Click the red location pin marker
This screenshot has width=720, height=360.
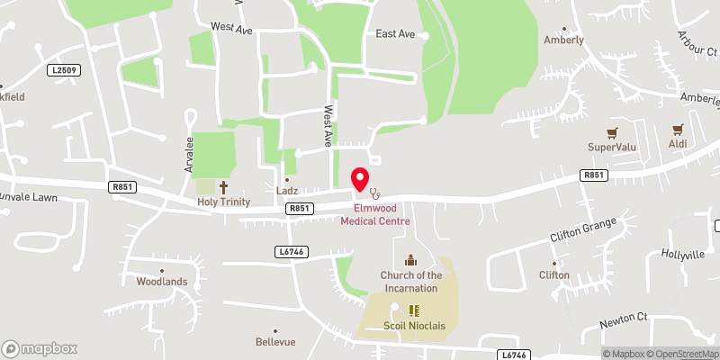click(x=360, y=178)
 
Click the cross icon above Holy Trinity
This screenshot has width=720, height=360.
click(x=223, y=187)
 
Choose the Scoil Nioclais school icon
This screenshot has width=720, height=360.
click(x=414, y=309)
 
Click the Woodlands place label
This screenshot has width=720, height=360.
click(x=162, y=282)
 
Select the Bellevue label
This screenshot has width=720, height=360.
click(x=275, y=342)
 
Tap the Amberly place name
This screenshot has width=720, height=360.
click(x=563, y=40)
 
